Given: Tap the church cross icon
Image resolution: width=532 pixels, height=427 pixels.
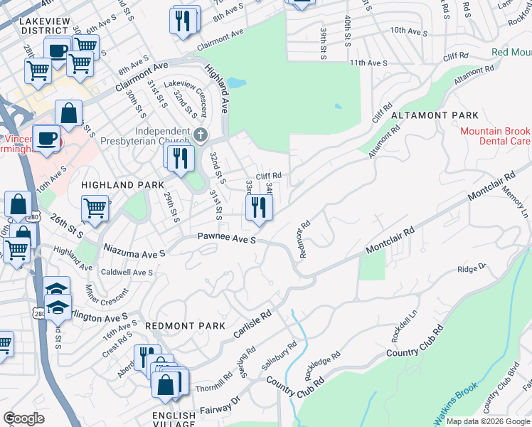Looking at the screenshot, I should pyautogui.click(x=201, y=134).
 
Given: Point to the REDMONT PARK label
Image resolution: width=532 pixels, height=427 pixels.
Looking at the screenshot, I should pyautogui.click(x=175, y=325).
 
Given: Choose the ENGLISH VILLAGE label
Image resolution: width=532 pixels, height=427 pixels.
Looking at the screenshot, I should pyautogui.click(x=174, y=420).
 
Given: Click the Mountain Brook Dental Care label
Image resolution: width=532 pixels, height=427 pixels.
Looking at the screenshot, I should pyautogui.click(x=495, y=137).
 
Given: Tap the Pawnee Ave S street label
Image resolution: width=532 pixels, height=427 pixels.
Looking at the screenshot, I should pyautogui.click(x=226, y=240).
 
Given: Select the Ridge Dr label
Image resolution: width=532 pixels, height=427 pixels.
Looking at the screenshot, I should pyautogui.click(x=471, y=268).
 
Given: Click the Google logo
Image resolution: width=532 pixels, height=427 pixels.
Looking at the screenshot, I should pyautogui.click(x=24, y=418).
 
